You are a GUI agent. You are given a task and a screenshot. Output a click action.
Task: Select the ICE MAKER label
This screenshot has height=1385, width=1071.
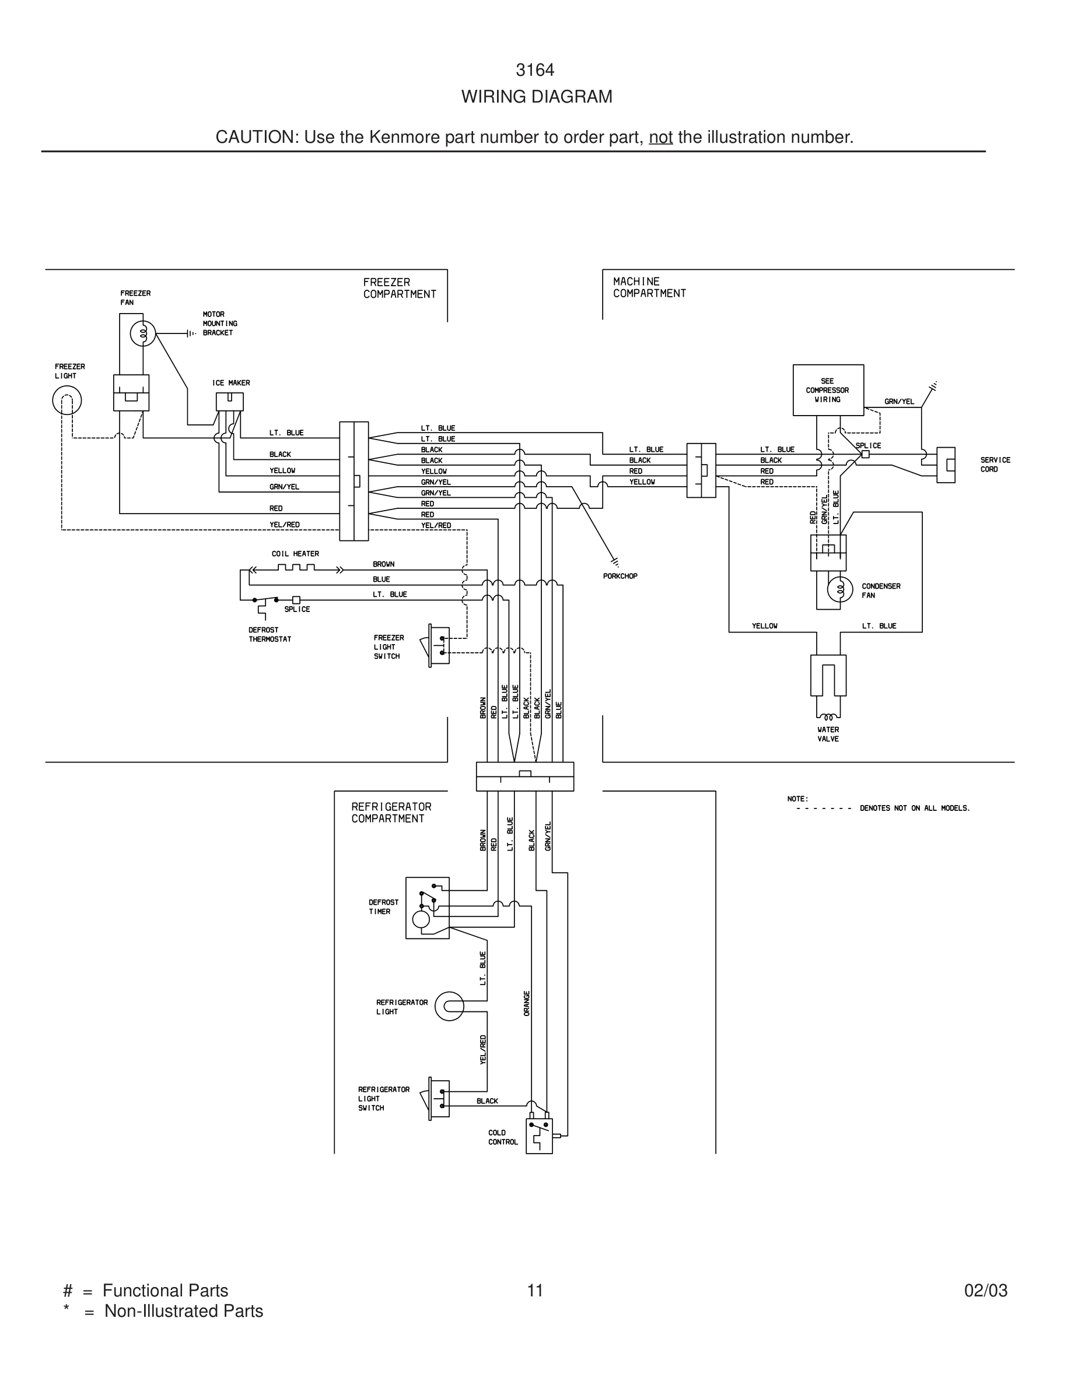[231, 383]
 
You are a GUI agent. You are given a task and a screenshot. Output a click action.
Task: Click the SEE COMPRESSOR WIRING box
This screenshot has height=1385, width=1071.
[828, 390]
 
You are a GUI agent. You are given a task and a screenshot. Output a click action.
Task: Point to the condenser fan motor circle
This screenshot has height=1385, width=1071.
[840, 590]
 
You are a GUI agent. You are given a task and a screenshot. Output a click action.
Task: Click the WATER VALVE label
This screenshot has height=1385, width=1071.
[828, 734]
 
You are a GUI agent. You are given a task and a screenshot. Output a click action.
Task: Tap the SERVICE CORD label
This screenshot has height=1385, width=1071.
[994, 464]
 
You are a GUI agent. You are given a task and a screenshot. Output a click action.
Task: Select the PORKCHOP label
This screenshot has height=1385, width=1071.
[620, 576]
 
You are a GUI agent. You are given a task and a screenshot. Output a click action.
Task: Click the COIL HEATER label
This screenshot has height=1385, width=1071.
[295, 554]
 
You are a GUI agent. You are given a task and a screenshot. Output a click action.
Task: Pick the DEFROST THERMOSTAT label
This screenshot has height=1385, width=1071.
[269, 634]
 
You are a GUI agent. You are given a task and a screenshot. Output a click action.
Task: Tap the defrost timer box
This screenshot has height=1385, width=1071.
[427, 908]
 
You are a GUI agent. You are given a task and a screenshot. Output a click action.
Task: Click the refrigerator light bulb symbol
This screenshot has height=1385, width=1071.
[449, 1007]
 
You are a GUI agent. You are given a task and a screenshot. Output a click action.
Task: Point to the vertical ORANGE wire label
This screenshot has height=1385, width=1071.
[527, 1004]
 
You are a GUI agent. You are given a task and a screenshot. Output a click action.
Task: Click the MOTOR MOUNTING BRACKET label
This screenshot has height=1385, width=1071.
[219, 324]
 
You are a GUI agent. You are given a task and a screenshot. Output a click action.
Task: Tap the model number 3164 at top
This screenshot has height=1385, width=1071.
[535, 70]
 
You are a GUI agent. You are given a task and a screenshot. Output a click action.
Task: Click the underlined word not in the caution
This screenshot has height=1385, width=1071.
[660, 137]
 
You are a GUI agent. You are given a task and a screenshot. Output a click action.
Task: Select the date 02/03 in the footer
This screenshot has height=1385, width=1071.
[985, 1291]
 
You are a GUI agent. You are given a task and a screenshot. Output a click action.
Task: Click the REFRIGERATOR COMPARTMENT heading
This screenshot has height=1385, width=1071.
[391, 813]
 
